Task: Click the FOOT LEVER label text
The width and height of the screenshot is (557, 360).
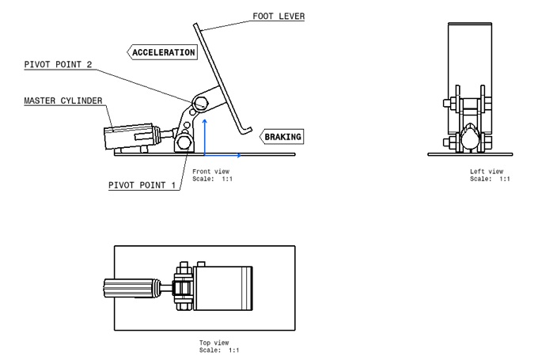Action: pyautogui.click(x=278, y=17)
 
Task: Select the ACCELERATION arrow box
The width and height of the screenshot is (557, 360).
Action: pyautogui.click(x=162, y=53)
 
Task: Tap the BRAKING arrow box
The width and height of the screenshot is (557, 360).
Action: pyautogui.click(x=282, y=137)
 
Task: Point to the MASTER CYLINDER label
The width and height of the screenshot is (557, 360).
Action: pyautogui.click(x=63, y=101)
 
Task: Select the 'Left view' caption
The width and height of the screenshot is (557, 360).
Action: pyautogui.click(x=486, y=172)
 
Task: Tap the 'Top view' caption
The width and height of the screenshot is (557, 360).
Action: pyautogui.click(x=214, y=343)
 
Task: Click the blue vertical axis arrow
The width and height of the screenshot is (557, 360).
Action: pyautogui.click(x=205, y=135)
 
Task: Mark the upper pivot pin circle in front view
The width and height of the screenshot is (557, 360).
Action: pyautogui.click(x=202, y=102)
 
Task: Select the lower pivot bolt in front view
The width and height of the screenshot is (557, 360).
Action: pyautogui.click(x=185, y=142)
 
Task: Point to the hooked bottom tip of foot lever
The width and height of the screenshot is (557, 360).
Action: pyautogui.click(x=244, y=130)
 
